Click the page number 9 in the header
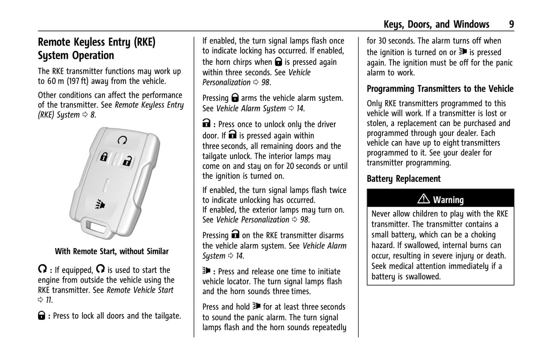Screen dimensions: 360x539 pyautogui.click(x=511, y=25)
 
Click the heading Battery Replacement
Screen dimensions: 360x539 pyautogui.click(x=404, y=179)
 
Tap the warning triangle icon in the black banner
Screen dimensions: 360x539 pyautogui.click(x=423, y=199)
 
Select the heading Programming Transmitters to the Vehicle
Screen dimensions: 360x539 pyautogui.click(x=440, y=89)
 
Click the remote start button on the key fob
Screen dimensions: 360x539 pyautogui.click(x=122, y=140)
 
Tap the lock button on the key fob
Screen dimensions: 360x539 pyautogui.click(x=104, y=157)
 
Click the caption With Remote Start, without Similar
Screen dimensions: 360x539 pyautogui.click(x=112, y=251)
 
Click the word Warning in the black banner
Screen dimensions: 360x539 pyautogui.click(x=448, y=200)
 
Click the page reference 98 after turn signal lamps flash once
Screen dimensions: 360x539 pyautogui.click(x=266, y=82)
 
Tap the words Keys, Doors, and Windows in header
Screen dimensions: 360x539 pyautogui.click(x=436, y=25)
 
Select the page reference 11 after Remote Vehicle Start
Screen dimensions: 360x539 pyautogui.click(x=48, y=300)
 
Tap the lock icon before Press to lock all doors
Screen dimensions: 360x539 pyautogui.click(x=42, y=316)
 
